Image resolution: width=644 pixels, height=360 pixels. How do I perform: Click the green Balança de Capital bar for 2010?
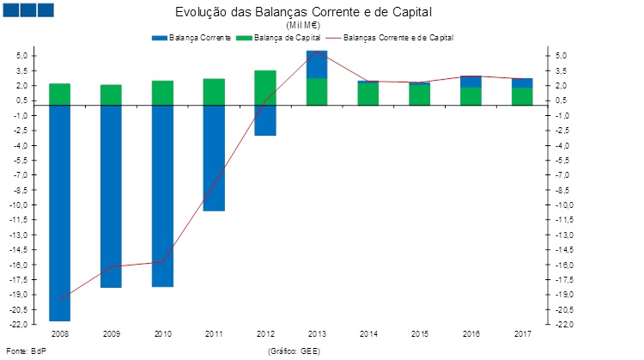coord(162,93)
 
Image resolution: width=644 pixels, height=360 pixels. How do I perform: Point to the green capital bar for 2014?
coord(368,94)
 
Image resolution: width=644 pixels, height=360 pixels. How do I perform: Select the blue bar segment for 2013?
coord(317,64)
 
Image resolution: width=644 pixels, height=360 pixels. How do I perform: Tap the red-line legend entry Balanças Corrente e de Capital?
coord(398,39)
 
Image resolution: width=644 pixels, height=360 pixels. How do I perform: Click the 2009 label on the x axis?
coord(111,333)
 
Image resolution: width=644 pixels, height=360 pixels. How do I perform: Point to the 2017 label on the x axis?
coord(523,333)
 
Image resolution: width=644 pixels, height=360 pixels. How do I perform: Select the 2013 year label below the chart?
coord(317,333)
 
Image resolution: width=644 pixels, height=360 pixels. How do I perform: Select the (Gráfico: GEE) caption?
coord(294,351)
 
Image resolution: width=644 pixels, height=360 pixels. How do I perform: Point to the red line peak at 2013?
coord(317,52)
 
